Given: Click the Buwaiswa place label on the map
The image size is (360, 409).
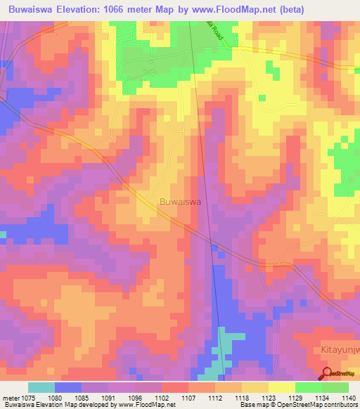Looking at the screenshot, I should point(181,201).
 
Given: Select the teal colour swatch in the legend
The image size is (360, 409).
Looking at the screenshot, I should point(41,387).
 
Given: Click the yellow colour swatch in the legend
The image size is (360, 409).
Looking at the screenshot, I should point(281,387).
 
